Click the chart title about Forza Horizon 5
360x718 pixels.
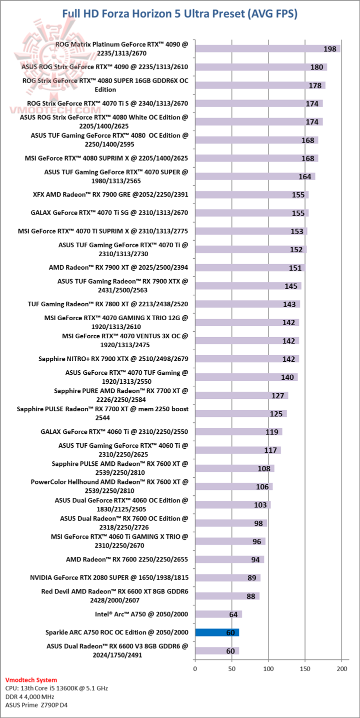click(x=180, y=14)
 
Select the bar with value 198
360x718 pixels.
click(x=267, y=49)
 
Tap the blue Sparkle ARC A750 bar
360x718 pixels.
click(x=217, y=632)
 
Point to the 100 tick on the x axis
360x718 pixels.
click(x=268, y=668)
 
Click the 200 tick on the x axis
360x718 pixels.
click(x=342, y=668)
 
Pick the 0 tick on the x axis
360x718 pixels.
click(x=195, y=668)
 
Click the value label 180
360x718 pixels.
click(x=316, y=67)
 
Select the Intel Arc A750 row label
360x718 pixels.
click(x=141, y=614)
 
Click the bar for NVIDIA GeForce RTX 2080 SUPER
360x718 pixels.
click(x=227, y=578)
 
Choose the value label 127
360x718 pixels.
click(x=278, y=395)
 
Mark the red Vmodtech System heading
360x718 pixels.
click(x=31, y=680)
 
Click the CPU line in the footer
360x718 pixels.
click(x=56, y=688)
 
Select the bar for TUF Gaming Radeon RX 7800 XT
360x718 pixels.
click(x=247, y=304)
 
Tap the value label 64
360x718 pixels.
click(x=233, y=614)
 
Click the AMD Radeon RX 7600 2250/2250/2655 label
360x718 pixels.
click(x=127, y=559)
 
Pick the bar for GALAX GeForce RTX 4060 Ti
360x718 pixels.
click(x=238, y=432)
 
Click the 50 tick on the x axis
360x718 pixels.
click(x=231, y=668)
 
